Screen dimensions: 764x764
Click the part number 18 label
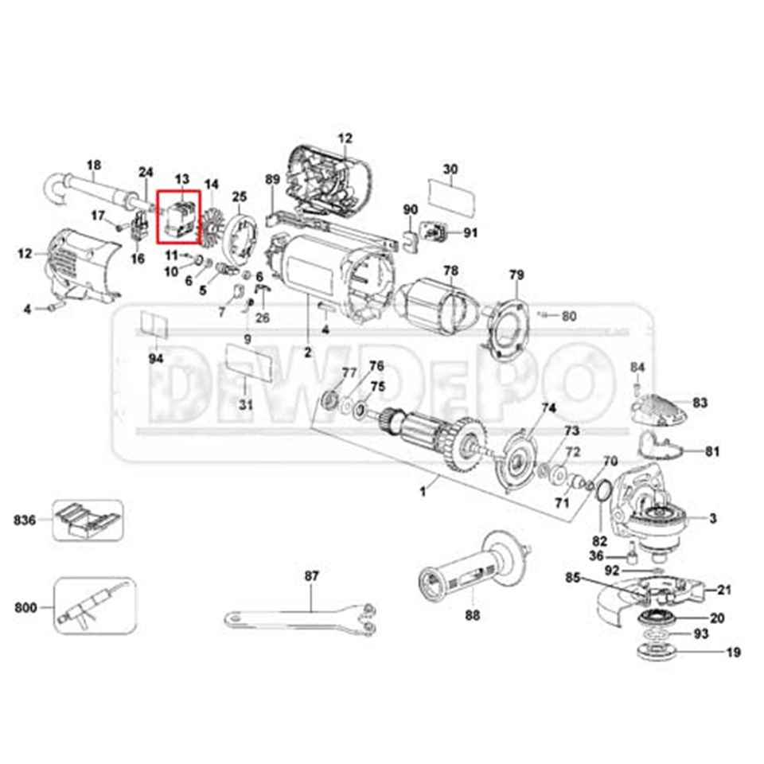click(94, 166)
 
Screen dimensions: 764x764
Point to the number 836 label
click(25, 520)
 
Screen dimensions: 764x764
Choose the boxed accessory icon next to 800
click(95, 606)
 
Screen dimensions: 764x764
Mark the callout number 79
click(516, 275)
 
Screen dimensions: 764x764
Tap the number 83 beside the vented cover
click(700, 403)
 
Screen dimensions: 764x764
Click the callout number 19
click(733, 653)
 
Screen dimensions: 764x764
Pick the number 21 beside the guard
click(723, 590)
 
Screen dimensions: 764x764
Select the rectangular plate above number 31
click(251, 362)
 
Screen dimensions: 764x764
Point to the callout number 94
click(155, 359)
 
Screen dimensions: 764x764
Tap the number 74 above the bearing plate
click(548, 408)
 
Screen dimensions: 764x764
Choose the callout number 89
click(272, 180)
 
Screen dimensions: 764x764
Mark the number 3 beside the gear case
click(713, 519)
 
